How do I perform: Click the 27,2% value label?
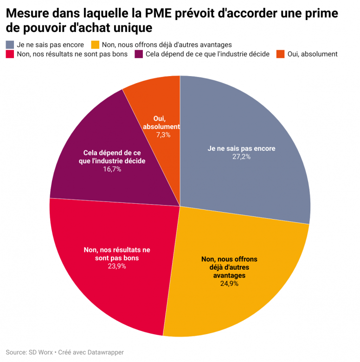coord(241,157)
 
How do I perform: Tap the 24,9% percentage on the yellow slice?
coord(229,284)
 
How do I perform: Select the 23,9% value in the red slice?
coord(117,266)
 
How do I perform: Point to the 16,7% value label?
coord(112,169)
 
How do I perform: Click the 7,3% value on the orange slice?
coord(163,135)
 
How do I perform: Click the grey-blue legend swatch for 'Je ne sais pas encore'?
coord(10,45)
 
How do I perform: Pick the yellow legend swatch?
coord(95,45)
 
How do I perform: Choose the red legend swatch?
coord(10,54)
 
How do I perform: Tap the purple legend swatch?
coord(138,54)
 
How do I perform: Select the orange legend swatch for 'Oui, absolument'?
coord(280,54)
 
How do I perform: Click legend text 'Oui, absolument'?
coord(312,54)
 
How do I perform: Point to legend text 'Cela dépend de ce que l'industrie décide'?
coord(207,54)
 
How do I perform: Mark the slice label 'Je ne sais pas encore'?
coord(241,149)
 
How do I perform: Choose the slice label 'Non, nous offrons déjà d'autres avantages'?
coord(229,267)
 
